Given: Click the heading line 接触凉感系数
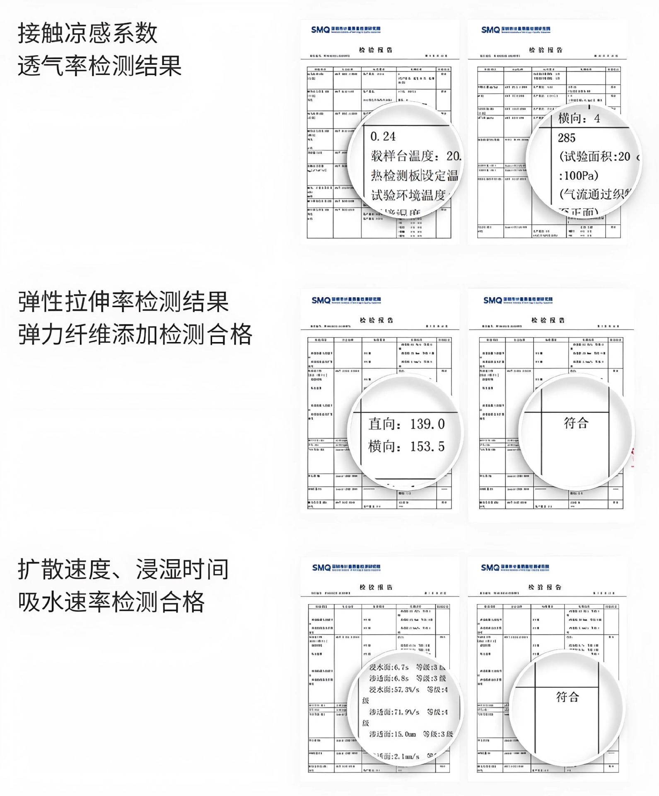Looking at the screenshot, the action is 87,33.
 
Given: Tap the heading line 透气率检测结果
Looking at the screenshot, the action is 99,66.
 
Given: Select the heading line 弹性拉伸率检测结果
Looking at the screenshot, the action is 123,301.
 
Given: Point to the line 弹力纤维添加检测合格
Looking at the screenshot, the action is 135,335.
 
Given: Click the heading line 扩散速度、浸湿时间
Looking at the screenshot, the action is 123,569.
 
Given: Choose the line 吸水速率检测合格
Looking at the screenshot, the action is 111,602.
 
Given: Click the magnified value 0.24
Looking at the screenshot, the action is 383,136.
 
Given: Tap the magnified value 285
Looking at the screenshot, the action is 566,138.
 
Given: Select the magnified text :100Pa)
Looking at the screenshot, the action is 579,176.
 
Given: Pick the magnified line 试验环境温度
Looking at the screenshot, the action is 408,195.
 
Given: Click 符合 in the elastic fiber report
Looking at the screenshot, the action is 576,423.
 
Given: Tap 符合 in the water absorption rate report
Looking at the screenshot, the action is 567,697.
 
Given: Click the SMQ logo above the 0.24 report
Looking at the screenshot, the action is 320,30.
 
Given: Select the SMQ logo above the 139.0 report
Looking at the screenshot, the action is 321,300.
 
